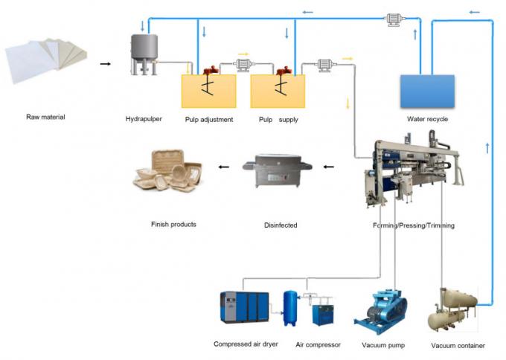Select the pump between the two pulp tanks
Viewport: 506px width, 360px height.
pyautogui.click(x=243, y=64)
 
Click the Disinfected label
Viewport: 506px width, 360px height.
pyautogui.click(x=281, y=224)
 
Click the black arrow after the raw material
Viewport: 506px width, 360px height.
pyautogui.click(x=106, y=64)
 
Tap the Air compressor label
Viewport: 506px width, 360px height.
pyautogui.click(x=318, y=344)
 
